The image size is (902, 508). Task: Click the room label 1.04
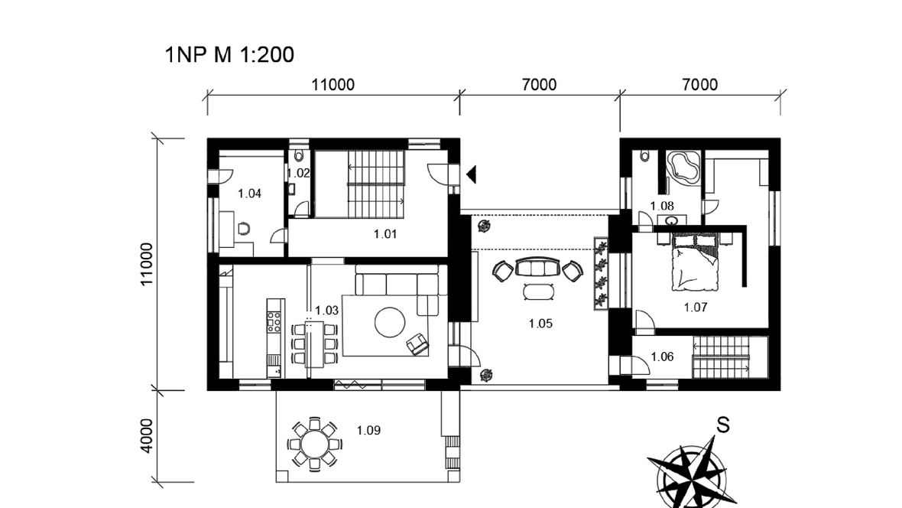click(x=250, y=194)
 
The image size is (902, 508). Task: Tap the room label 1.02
click(x=298, y=173)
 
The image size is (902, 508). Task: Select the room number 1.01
click(x=384, y=234)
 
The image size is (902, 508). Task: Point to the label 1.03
click(x=326, y=311)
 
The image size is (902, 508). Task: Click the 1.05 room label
click(x=540, y=324)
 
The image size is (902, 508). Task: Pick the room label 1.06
click(x=662, y=357)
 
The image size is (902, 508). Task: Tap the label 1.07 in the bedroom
click(x=696, y=308)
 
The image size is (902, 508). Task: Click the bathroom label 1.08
click(x=662, y=206)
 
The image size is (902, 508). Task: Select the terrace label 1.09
click(x=368, y=430)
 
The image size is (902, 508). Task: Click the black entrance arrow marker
click(x=472, y=174)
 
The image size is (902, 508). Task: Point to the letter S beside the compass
click(x=723, y=425)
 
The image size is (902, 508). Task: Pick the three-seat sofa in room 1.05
click(x=538, y=267)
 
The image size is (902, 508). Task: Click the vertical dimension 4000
click(x=147, y=436)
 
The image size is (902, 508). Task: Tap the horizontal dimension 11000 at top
click(x=333, y=85)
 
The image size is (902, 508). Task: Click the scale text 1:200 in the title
click(x=264, y=55)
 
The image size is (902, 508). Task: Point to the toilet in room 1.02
click(x=299, y=155)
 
